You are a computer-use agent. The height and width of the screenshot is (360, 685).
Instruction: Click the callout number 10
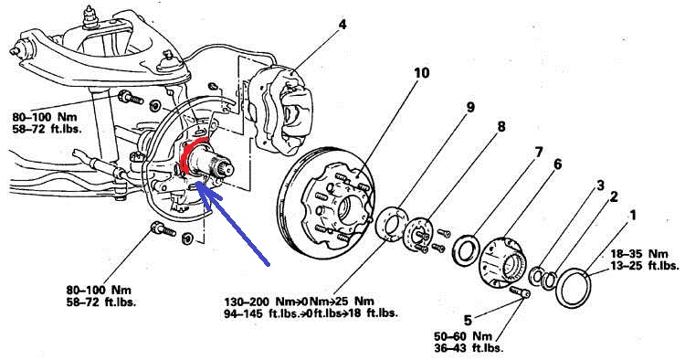421,73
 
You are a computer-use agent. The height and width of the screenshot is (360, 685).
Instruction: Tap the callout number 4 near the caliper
342,25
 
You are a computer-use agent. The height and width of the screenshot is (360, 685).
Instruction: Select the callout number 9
470,108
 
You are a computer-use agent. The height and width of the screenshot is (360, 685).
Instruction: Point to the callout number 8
501,127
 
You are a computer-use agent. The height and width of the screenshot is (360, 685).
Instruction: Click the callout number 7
538,152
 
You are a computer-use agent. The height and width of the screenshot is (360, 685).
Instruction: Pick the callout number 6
557,164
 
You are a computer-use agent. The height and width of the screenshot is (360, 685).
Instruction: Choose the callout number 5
468,320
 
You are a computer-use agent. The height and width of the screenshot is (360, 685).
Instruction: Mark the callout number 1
633,215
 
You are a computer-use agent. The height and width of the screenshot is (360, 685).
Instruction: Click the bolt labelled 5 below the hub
521,291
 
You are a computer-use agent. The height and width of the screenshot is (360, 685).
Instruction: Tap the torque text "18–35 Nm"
639,254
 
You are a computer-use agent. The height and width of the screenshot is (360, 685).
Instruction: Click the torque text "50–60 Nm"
463,336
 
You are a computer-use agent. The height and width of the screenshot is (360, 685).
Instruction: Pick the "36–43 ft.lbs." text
469,348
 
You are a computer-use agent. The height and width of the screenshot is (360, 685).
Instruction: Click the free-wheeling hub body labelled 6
502,262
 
